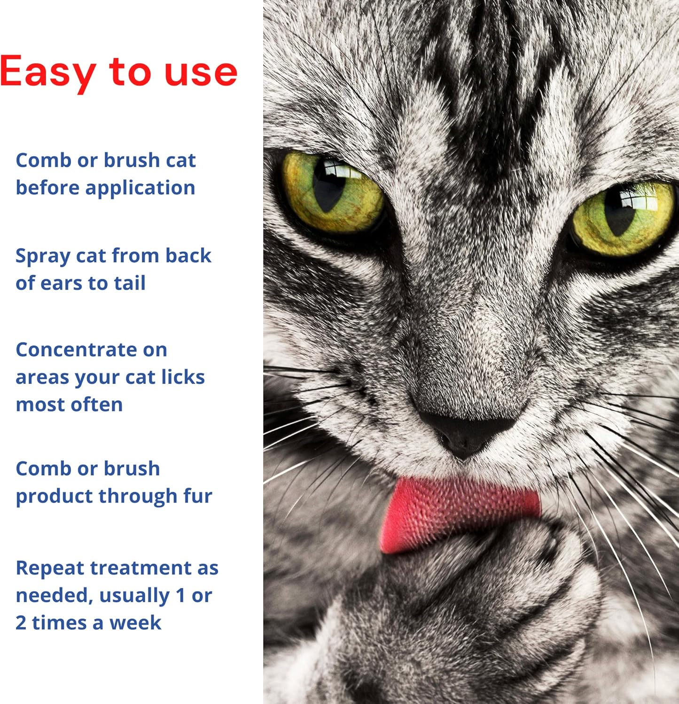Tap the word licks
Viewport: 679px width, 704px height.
183,377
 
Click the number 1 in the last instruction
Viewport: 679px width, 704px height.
180,596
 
